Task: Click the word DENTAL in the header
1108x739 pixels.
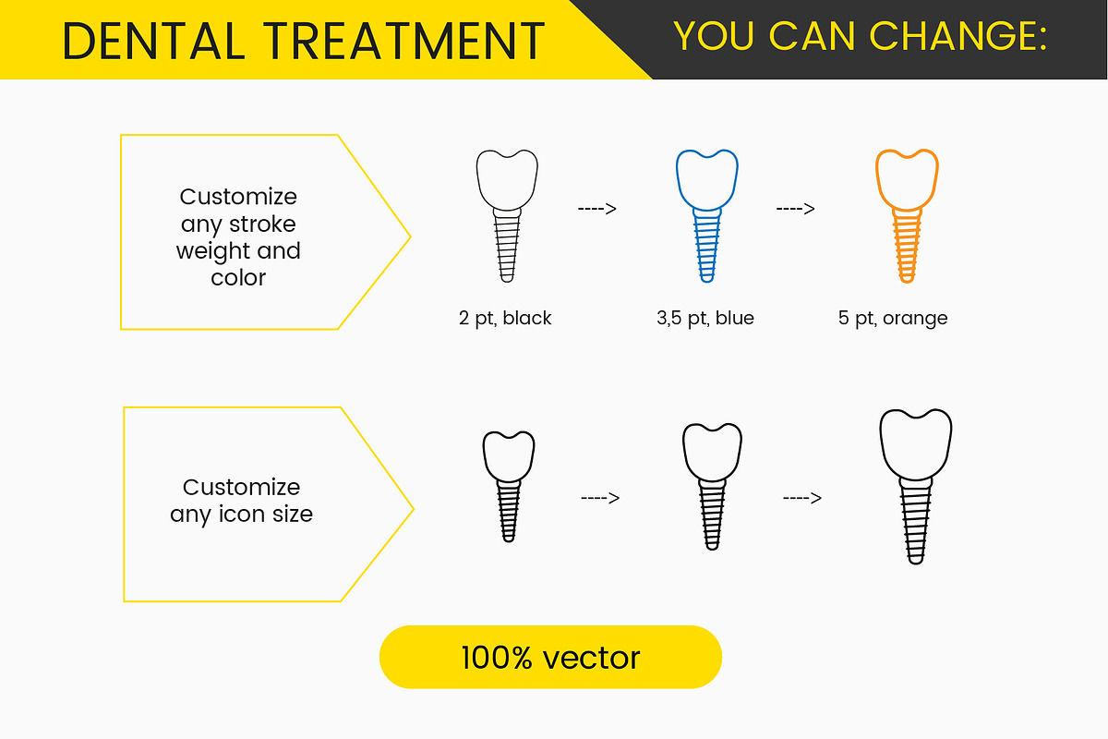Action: pyautogui.click(x=154, y=41)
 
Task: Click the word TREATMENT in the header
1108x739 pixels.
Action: pyautogui.click(x=404, y=41)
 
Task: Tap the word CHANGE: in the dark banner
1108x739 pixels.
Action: pyautogui.click(x=958, y=36)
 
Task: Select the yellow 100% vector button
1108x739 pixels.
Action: pyautogui.click(x=550, y=657)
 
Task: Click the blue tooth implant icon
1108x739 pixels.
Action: pyautogui.click(x=707, y=216)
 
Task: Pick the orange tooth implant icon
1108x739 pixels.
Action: pyautogui.click(x=907, y=216)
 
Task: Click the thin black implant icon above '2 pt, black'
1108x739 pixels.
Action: pyautogui.click(x=507, y=216)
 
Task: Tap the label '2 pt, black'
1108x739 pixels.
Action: pyautogui.click(x=505, y=319)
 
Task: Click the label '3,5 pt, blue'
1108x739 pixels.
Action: pyautogui.click(x=705, y=319)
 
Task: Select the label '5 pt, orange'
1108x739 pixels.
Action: pyautogui.click(x=893, y=319)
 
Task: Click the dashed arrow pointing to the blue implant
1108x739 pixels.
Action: pyautogui.click(x=597, y=209)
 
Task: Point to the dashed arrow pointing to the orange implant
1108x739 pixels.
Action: pyautogui.click(x=795, y=209)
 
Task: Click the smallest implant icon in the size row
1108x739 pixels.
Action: pyautogui.click(x=509, y=487)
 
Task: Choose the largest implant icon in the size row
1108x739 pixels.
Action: pyautogui.click(x=916, y=487)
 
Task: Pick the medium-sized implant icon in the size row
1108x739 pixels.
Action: pyautogui.click(x=712, y=487)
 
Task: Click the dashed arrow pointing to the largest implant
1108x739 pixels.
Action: pyautogui.click(x=802, y=498)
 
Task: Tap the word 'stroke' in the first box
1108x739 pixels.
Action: pyautogui.click(x=262, y=224)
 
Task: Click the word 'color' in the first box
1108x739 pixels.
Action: pyautogui.click(x=238, y=278)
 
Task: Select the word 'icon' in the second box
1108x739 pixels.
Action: pyautogui.click(x=241, y=514)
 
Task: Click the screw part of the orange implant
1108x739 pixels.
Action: pyautogui.click(x=907, y=246)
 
